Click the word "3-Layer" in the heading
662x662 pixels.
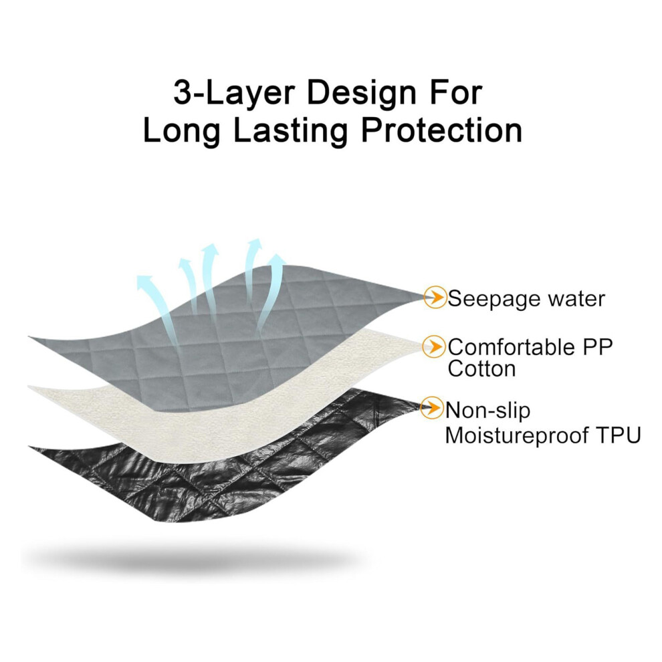pos(234,94)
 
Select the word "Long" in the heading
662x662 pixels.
pos(181,131)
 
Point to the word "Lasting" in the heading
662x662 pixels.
pos(290,131)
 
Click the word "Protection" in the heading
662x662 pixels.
pos(441,130)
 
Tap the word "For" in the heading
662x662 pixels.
pos(456,92)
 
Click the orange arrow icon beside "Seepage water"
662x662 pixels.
pos(435,297)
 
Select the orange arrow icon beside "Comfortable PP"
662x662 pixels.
pos(433,346)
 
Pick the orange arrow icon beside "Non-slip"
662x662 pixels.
pos(432,407)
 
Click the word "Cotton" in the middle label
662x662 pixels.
pos(481,368)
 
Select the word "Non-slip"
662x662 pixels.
pos(487,411)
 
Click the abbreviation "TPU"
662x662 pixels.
pos(620,435)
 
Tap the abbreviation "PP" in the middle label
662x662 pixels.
pos(597,347)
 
